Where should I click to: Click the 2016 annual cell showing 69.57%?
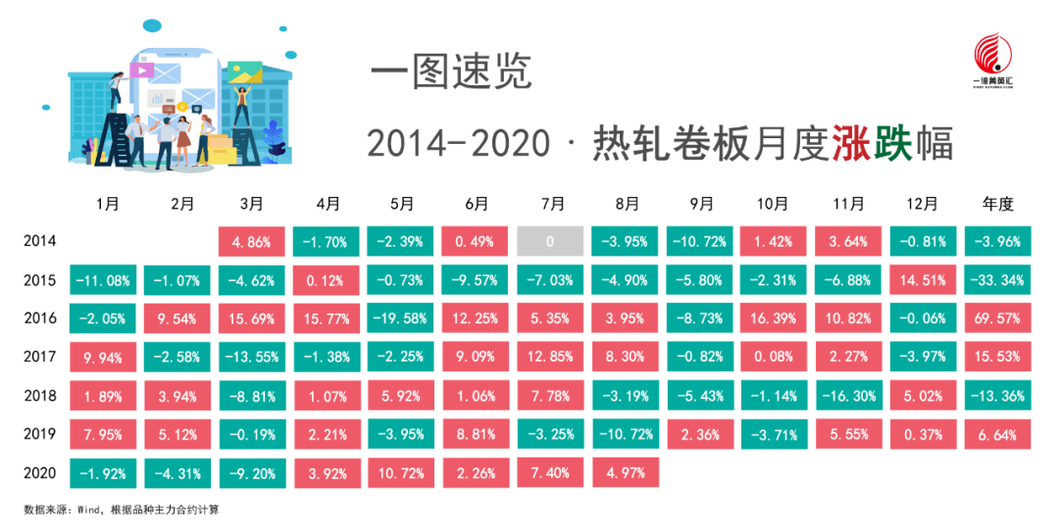[x=997, y=318]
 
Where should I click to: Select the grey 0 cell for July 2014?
[x=550, y=241]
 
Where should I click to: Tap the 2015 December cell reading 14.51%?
[x=924, y=279]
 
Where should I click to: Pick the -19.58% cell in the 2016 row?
[x=401, y=318]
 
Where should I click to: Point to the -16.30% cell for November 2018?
[x=848, y=396]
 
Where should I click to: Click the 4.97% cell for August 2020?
[x=626, y=472]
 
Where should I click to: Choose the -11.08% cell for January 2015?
[x=103, y=279]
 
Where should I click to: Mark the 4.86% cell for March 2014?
[x=252, y=241]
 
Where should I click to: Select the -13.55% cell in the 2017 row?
[x=252, y=357]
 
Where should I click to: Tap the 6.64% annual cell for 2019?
[x=997, y=434]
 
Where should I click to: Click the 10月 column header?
[x=773, y=203]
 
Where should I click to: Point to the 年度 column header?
[x=997, y=203]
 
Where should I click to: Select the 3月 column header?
[x=252, y=203]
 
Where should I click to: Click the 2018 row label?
[x=40, y=396]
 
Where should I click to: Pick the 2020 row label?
[x=40, y=472]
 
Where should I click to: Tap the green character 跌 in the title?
[x=893, y=143]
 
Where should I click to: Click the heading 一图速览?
[x=451, y=72]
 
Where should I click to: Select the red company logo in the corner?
[x=992, y=61]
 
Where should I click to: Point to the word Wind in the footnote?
[x=88, y=509]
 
